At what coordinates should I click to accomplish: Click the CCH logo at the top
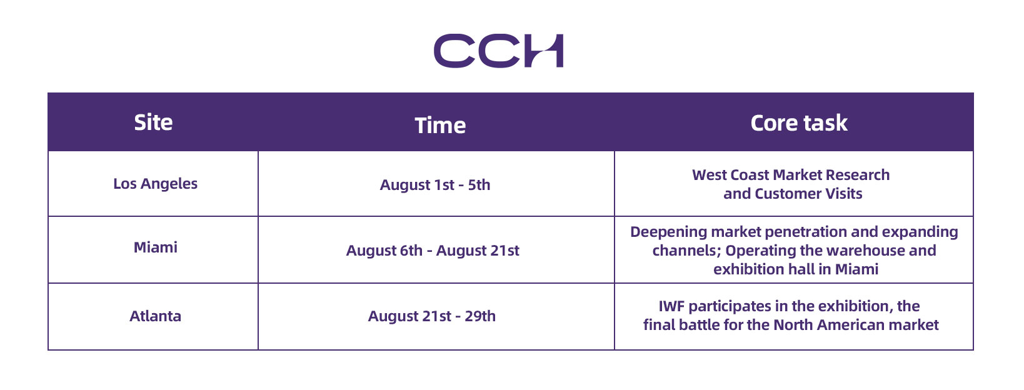498,51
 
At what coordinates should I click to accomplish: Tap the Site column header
153,122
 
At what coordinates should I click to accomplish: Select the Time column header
440,125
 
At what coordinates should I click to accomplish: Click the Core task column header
798,123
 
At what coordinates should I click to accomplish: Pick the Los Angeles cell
156,184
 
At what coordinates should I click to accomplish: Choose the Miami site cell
156,247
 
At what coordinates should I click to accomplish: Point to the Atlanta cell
156,316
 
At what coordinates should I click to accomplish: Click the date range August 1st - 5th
434,185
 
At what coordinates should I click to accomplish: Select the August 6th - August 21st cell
433,251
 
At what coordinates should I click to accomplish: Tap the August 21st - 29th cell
431,316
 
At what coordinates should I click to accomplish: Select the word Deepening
669,232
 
